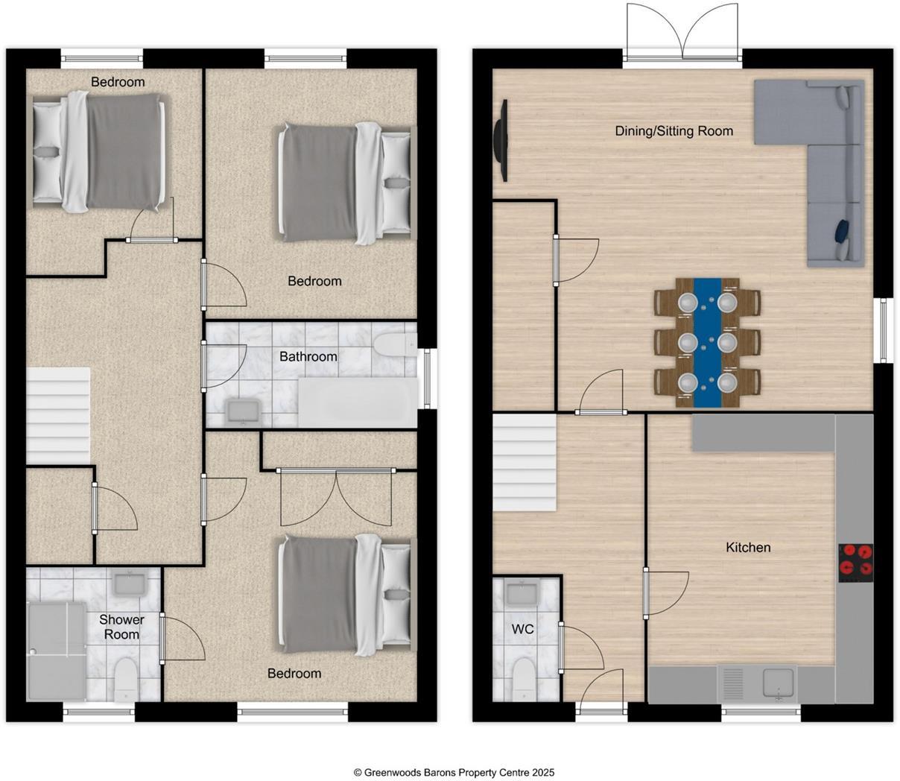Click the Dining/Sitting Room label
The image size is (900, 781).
click(674, 131)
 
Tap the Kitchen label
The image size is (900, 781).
click(748, 548)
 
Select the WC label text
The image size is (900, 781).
click(522, 629)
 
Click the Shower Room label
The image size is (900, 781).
click(121, 627)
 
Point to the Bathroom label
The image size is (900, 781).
click(308, 357)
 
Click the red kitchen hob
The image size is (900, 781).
click(856, 563)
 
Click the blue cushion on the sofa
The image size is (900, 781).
click(843, 231)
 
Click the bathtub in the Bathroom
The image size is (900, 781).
click(358, 402)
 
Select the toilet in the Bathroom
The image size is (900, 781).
click(395, 345)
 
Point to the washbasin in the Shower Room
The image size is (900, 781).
click(130, 582)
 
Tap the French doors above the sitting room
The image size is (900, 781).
click(682, 31)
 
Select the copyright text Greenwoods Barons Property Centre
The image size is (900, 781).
click(454, 773)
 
